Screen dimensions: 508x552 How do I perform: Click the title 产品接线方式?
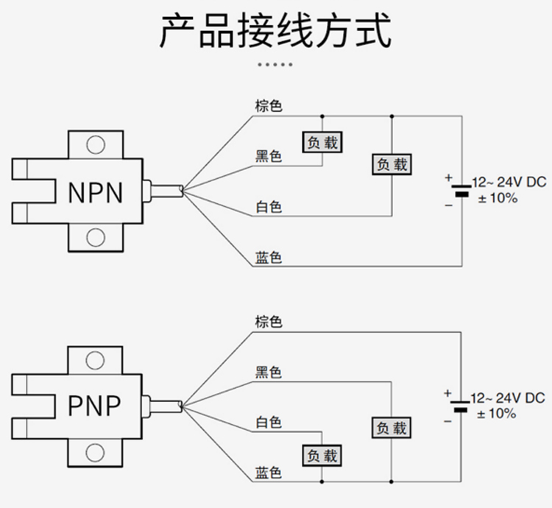point(276,31)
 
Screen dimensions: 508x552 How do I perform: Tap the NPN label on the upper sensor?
point(95,192)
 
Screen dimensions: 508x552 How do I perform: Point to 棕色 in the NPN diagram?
point(269,106)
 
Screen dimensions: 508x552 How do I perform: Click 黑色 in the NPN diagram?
point(269,156)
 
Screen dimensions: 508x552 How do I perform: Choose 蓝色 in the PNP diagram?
point(269,472)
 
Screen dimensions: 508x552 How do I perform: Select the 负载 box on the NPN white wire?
point(391,165)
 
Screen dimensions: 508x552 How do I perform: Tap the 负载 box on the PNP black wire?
point(391,428)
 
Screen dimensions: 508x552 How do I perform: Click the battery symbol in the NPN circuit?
point(461,191)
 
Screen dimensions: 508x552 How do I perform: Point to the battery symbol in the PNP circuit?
point(461,406)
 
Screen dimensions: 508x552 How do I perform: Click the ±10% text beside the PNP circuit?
point(498,414)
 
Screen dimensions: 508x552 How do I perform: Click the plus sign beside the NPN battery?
point(447,177)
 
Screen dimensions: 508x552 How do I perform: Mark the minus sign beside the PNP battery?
point(447,420)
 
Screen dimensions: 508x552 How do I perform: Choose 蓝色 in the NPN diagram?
point(269,257)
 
